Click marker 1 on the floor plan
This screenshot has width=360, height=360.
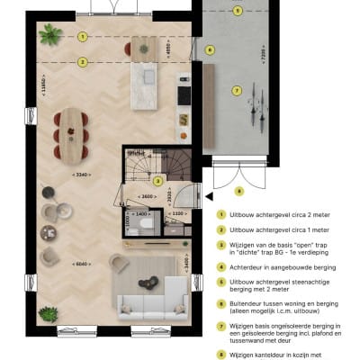point(82,37)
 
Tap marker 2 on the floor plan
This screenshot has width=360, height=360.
point(82,62)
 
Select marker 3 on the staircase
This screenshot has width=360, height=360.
point(157,180)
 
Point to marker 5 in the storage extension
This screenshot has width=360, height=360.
point(237,11)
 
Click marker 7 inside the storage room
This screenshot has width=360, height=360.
point(237,90)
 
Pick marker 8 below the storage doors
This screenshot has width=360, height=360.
point(238,191)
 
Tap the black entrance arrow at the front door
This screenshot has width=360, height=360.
point(208,192)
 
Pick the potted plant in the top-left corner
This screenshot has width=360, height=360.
point(51,34)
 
